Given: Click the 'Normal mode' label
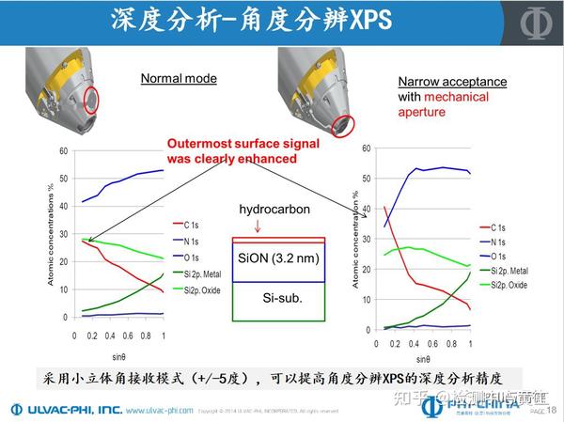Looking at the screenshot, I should pyautogui.click(x=179, y=79).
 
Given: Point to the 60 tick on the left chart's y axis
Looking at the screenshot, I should pyautogui.click(x=63, y=151).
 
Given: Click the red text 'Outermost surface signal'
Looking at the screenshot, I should pyautogui.click(x=230, y=145).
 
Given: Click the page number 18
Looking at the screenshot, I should pyautogui.click(x=551, y=409).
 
